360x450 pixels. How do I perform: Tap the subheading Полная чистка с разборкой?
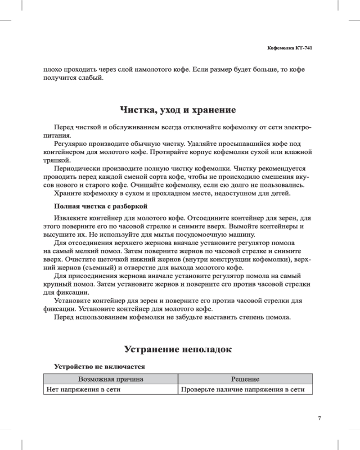(100, 207)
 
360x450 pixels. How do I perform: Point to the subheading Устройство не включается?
(99, 367)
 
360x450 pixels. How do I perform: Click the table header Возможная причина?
(111, 379)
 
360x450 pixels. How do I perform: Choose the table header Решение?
(245, 379)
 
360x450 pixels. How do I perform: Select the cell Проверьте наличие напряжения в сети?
(239, 390)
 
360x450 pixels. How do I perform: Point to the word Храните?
(67, 193)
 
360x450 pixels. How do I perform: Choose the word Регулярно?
(70, 143)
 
